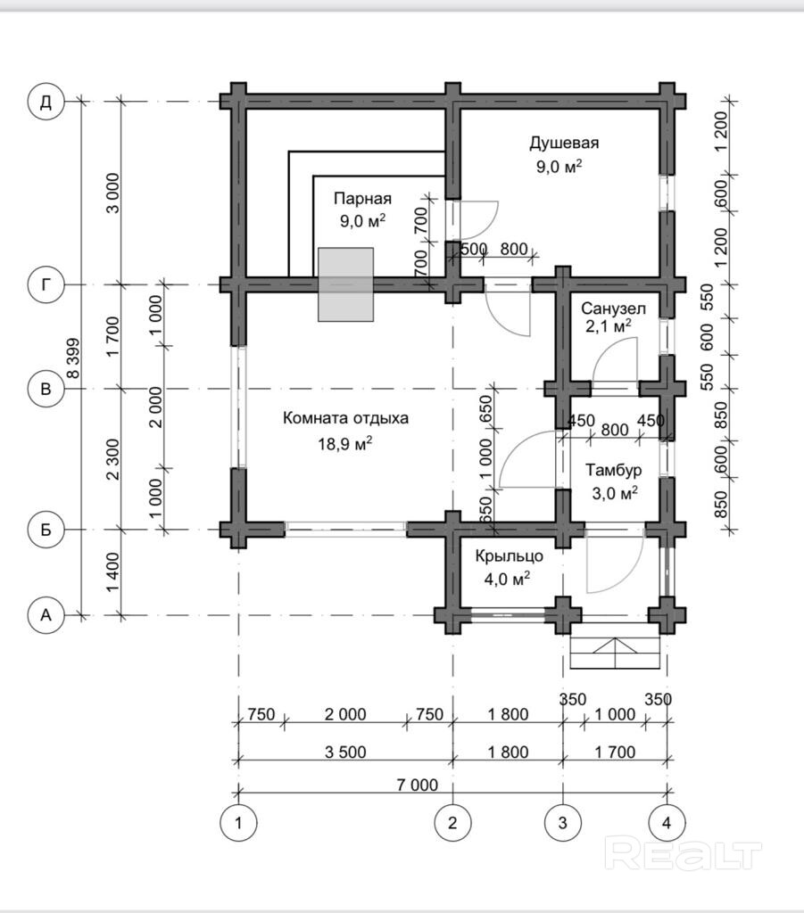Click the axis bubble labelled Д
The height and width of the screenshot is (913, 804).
tap(46, 102)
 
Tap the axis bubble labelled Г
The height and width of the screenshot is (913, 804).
tap(46, 284)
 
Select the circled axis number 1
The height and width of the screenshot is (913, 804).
tap(238, 823)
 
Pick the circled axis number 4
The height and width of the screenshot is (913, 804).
tap(667, 823)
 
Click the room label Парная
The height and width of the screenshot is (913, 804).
tap(362, 199)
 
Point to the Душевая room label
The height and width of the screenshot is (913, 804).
tap(564, 143)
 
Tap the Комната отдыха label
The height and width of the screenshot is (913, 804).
tap(345, 418)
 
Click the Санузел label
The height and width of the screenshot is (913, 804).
tap(613, 308)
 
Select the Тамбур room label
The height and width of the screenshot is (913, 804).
tap(614, 470)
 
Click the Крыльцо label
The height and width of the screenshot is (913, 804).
tap(510, 556)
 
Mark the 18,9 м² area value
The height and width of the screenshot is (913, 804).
tap(345, 444)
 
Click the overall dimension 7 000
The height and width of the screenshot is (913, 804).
tap(417, 785)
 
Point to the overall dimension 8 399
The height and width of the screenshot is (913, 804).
tap(73, 358)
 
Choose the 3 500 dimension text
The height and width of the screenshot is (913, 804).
tap(345, 753)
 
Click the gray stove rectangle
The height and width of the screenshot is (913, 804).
tap(345, 284)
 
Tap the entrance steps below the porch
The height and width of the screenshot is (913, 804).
tap(615, 646)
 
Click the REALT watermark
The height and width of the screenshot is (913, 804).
tap(683, 854)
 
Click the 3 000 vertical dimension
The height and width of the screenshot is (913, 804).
tap(114, 193)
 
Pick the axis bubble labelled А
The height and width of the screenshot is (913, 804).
tap(46, 615)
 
